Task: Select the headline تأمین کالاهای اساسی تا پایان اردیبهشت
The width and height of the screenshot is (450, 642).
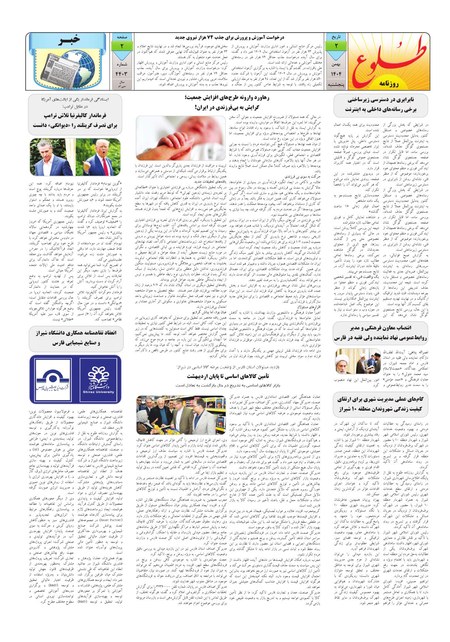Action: coord(226,376)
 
